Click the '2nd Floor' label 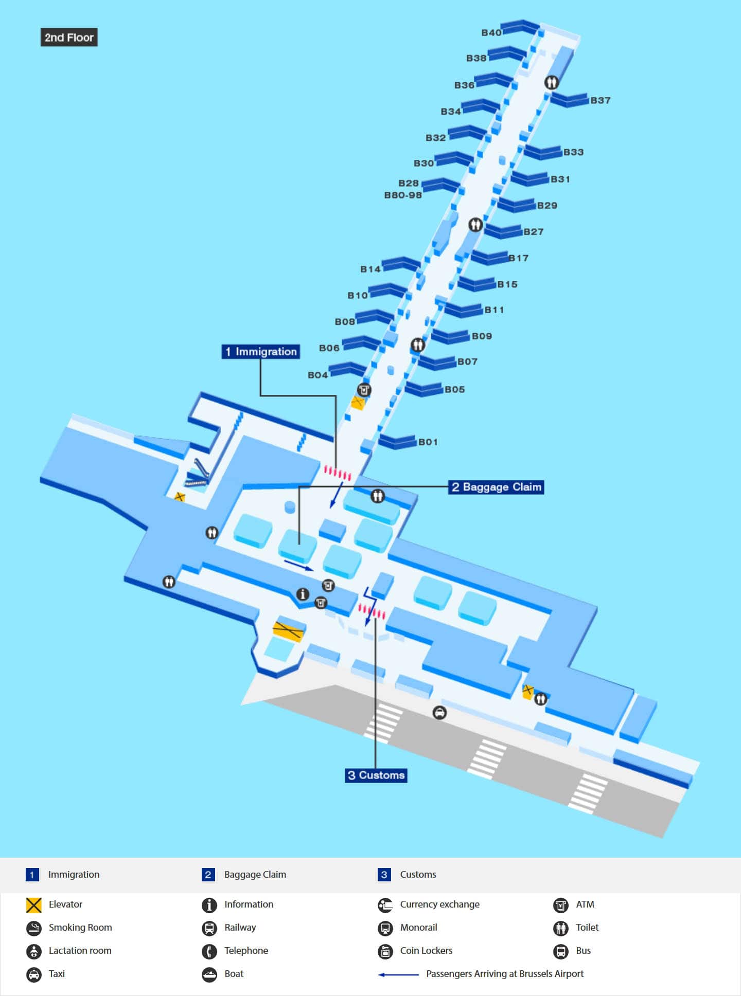[69, 38]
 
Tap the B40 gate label [491, 33]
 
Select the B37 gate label [601, 100]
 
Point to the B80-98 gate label [403, 195]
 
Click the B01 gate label [428, 442]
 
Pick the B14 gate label [370, 269]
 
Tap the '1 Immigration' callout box [261, 352]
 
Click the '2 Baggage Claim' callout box [497, 487]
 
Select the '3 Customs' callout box [376, 775]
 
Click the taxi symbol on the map [439, 713]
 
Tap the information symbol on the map [303, 594]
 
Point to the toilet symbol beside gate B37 [551, 82]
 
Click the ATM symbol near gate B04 [364, 390]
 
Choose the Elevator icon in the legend [34, 905]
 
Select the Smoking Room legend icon [34, 928]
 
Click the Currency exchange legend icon [385, 905]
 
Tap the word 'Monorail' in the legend [419, 928]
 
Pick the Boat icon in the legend [209, 974]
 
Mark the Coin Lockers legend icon [385, 951]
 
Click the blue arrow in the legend [398, 974]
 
